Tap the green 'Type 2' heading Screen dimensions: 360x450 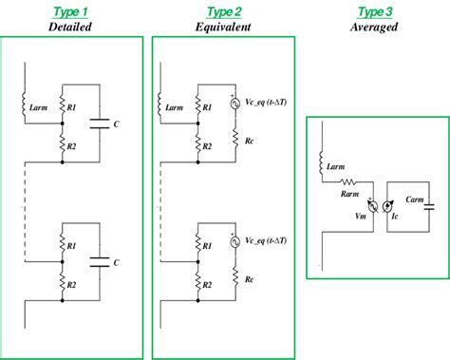(224, 11)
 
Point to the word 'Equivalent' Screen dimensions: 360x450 (224, 27)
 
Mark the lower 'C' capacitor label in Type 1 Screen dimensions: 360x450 (116, 261)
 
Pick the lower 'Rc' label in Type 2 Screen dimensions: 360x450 (248, 280)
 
